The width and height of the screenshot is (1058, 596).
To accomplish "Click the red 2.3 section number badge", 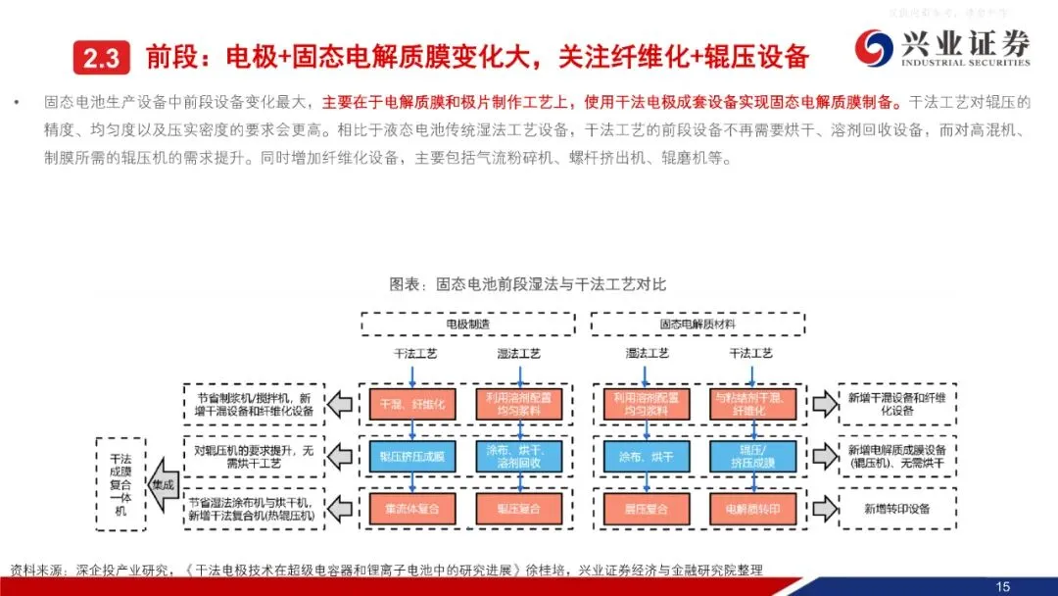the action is click(101, 58).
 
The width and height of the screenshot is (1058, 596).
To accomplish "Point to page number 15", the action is click(1002, 586).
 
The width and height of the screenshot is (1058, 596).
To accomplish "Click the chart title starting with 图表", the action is click(527, 284).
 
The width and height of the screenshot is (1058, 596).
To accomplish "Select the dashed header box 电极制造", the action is click(467, 323).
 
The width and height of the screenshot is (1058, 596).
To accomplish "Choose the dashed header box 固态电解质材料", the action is click(697, 323).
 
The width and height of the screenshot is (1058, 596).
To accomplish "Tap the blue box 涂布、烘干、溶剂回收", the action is click(519, 455).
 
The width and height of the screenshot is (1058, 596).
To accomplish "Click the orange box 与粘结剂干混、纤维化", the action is click(751, 404).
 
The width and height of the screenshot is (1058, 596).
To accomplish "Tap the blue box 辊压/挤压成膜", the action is click(751, 455).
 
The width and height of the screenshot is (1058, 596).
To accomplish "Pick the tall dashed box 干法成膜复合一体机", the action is click(120, 483).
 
